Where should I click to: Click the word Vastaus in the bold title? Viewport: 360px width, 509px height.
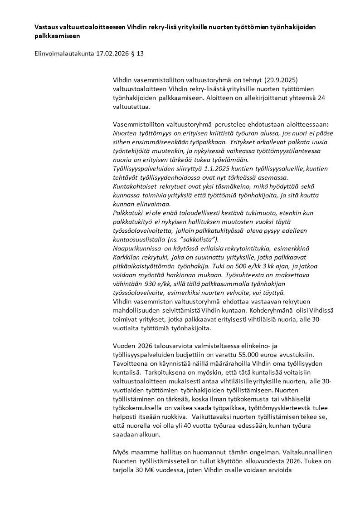[x=47, y=27]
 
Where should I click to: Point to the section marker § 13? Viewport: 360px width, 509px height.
[x=138, y=54]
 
